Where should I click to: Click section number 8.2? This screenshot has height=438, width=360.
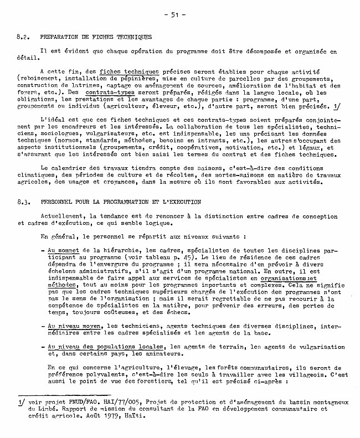tap(23, 37)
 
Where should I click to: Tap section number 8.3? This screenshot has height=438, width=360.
tap(23, 203)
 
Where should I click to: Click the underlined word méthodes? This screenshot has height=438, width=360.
tap(61, 284)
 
